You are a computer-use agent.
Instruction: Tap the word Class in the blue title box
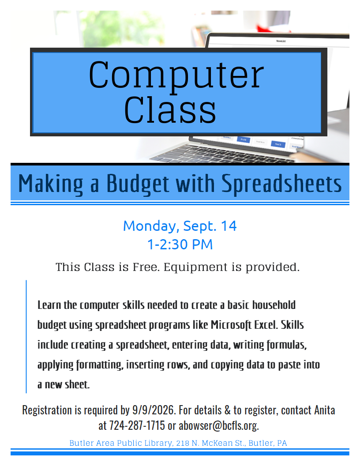170,110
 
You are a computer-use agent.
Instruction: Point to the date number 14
229,226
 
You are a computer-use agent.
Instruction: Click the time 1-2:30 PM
180,244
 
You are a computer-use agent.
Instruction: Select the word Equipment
195,267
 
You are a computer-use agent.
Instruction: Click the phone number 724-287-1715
137,425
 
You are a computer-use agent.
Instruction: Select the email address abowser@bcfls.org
219,426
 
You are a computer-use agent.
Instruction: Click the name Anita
325,410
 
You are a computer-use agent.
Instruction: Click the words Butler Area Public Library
121,443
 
